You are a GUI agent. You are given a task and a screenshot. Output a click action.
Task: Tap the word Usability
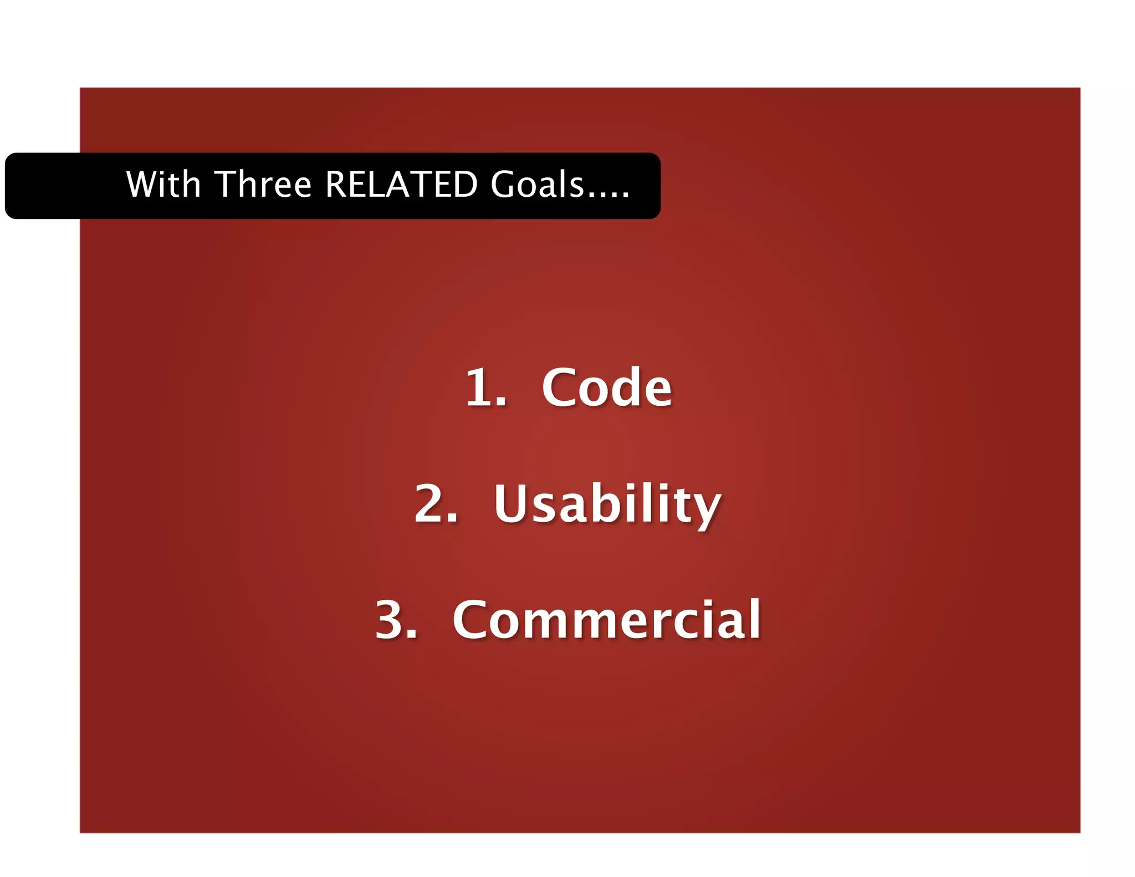[607, 504]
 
